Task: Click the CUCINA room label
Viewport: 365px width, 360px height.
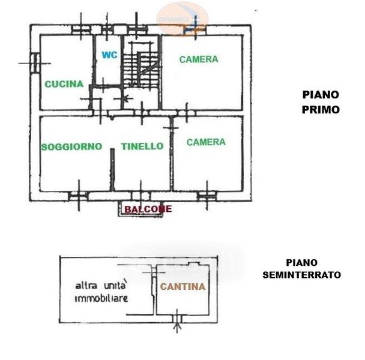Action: (64, 85)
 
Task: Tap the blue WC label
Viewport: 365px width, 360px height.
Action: (109, 55)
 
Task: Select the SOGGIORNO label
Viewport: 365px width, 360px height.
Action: (71, 146)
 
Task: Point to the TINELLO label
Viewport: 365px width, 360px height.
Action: (142, 146)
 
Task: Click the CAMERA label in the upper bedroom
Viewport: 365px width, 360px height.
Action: (198, 59)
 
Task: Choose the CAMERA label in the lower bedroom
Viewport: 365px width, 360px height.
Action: (206, 142)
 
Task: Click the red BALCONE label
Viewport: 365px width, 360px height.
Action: (148, 209)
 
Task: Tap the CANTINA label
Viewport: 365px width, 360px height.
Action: (182, 287)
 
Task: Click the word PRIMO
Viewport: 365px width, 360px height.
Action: (321, 110)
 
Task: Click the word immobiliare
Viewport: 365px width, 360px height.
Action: (101, 298)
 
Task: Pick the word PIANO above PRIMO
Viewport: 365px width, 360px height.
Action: (321, 95)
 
